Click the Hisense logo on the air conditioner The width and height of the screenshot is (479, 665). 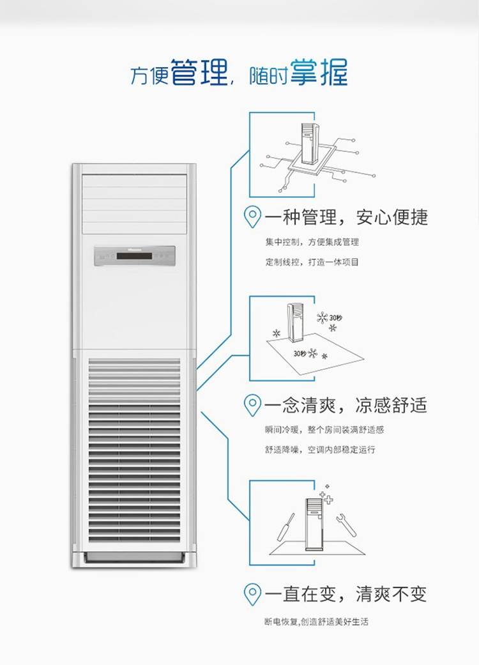click(x=134, y=247)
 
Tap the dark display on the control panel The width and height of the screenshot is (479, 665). click(x=134, y=256)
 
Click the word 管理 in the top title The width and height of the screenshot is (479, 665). click(x=200, y=73)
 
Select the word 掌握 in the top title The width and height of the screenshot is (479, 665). click(x=319, y=73)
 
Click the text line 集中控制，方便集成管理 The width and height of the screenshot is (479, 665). click(x=312, y=242)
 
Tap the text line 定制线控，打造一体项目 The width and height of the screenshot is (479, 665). click(x=312, y=262)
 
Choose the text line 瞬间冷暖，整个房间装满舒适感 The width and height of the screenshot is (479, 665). click(x=324, y=430)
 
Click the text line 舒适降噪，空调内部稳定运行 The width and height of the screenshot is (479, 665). click(x=321, y=450)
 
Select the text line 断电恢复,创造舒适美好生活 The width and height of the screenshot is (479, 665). click(x=316, y=622)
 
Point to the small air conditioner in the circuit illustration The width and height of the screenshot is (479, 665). click(x=310, y=143)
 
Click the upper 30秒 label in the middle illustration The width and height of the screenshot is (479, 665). click(x=335, y=317)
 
